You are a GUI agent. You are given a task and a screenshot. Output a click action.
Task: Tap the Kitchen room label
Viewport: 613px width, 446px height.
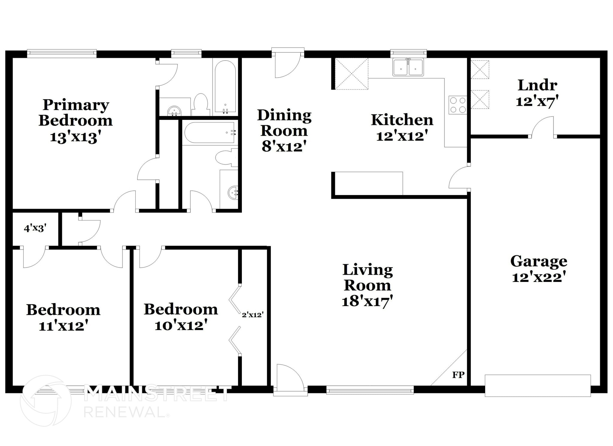tap(402, 120)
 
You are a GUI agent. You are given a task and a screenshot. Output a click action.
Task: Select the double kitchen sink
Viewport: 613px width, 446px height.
tap(408, 67)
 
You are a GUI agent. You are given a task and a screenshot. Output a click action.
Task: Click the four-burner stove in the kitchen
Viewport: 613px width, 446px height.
tap(458, 105)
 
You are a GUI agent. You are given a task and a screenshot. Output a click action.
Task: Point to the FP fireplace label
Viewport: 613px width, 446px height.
tap(458, 375)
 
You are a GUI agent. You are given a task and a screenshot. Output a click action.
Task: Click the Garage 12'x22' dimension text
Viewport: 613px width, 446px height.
tap(538, 277)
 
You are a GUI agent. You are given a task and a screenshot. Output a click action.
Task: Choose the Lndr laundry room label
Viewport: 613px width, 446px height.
tap(537, 85)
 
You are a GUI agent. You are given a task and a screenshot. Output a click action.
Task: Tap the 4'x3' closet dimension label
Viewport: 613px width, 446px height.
tap(35, 229)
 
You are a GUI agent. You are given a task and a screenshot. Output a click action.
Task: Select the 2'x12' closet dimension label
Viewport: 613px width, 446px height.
tap(253, 315)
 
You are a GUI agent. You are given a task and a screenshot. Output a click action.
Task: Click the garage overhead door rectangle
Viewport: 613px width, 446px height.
tap(538, 385)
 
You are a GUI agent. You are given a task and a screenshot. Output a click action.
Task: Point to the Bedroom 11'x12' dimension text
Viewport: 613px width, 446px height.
tap(63, 326)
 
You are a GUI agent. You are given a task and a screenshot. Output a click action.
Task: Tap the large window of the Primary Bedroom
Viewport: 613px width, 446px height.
tap(62, 53)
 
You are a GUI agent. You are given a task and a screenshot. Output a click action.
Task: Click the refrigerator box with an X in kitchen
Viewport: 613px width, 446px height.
tap(351, 74)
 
